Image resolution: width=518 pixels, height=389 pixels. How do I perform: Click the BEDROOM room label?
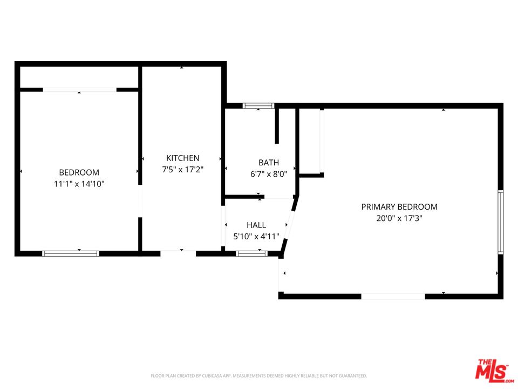pyautogui.click(x=79, y=172)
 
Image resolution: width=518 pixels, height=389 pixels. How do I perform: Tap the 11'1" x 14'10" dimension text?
pyautogui.click(x=79, y=184)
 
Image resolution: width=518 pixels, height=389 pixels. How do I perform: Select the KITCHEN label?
pyautogui.click(x=182, y=158)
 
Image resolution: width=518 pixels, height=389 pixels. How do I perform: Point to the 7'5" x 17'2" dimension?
pyautogui.click(x=182, y=169)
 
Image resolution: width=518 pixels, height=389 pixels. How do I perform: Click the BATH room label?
pyautogui.click(x=269, y=163)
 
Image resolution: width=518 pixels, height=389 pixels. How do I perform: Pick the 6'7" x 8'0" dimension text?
pyautogui.click(x=269, y=174)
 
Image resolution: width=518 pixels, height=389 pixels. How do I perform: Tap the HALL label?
pyautogui.click(x=256, y=225)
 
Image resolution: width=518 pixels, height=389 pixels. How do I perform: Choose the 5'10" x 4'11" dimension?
pyautogui.click(x=256, y=237)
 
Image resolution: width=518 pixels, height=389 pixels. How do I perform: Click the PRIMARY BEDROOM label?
pyautogui.click(x=399, y=207)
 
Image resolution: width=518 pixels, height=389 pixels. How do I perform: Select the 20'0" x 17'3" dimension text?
pyautogui.click(x=399, y=218)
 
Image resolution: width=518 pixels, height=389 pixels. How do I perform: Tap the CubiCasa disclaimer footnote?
pyautogui.click(x=258, y=375)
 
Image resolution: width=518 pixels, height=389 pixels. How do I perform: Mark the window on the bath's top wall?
pyautogui.click(x=258, y=106)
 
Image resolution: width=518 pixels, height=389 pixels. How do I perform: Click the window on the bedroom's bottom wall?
pyautogui.click(x=71, y=253)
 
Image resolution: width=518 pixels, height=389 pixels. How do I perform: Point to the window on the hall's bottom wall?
pyautogui.click(x=252, y=253)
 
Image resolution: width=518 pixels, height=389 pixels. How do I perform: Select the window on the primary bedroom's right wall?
pyautogui.click(x=500, y=222)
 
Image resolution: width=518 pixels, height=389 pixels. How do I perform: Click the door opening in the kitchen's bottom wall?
pyautogui.click(x=178, y=253)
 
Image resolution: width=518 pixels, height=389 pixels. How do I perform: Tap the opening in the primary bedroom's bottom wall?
pyautogui.click(x=393, y=296)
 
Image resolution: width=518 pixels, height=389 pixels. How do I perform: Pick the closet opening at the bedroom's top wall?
pyautogui.click(x=79, y=90)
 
